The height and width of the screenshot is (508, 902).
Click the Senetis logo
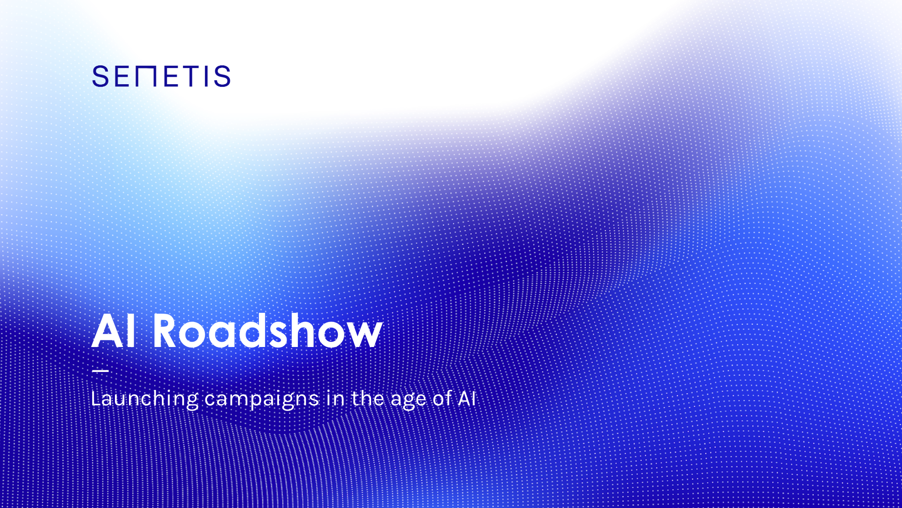[x=161, y=76]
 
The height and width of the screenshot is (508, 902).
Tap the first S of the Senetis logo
[x=100, y=76]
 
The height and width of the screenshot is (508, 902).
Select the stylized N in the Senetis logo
[x=146, y=76]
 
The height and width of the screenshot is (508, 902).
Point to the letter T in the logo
[x=191, y=76]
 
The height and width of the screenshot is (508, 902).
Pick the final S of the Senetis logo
[x=222, y=76]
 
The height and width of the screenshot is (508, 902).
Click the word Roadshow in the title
[x=268, y=331]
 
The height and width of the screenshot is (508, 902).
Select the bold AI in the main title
[x=113, y=332]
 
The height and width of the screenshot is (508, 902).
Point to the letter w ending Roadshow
[x=365, y=336]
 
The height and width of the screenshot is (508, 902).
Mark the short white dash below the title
[x=100, y=371]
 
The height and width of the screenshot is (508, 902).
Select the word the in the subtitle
[x=368, y=398]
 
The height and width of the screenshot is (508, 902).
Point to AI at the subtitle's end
[x=467, y=399]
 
